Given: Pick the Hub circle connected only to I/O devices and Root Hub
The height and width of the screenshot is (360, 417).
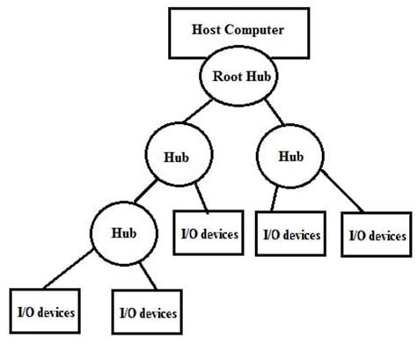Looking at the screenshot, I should pos(289,156).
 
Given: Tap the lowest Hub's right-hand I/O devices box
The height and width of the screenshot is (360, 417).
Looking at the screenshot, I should pos(147,312).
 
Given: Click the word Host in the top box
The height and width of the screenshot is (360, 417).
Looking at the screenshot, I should pos(207,28).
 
